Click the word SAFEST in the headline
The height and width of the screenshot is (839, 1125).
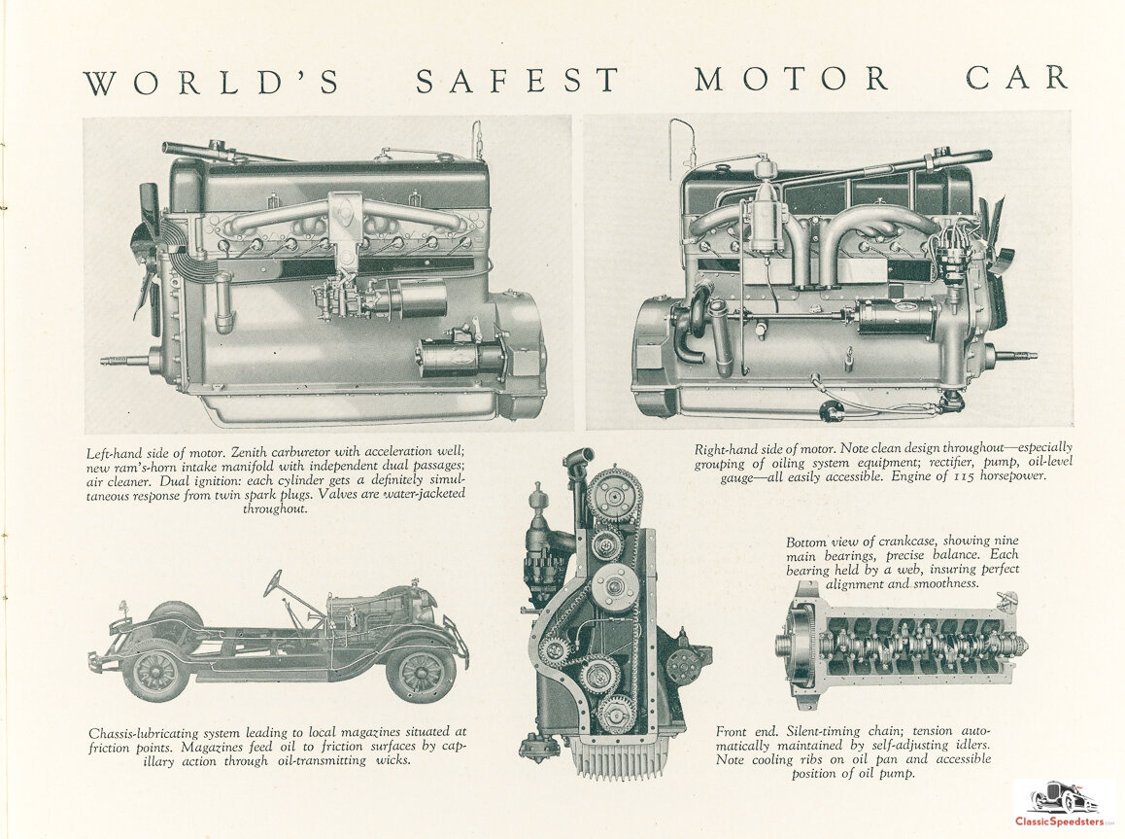(x=517, y=80)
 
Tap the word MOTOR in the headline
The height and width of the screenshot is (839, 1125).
(x=792, y=79)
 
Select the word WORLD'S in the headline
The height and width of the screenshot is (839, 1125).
(x=212, y=81)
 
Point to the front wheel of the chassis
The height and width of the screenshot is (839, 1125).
(x=421, y=674)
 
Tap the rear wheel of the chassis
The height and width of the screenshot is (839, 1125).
(x=155, y=673)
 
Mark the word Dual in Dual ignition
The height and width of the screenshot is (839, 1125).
(x=175, y=481)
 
